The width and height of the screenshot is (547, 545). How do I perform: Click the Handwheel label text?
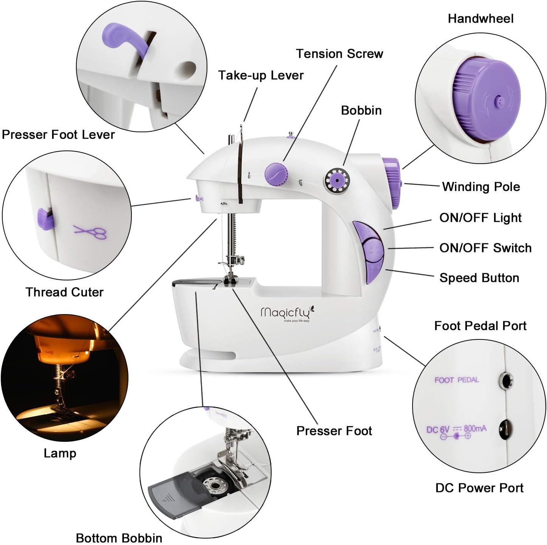pos(480,19)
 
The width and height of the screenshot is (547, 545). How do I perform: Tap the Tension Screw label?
pos(339,54)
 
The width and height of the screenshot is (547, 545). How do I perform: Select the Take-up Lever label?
pos(261,75)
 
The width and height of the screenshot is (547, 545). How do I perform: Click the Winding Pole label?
pos(481,186)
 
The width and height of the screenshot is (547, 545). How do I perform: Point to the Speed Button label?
pos(479,278)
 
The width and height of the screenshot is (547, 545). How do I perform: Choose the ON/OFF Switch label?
pos(485,248)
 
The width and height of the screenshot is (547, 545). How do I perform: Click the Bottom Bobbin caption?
pos(119,537)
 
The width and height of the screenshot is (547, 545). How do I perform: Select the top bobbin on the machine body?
pos(337,180)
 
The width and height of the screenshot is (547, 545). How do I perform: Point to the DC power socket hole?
pos(505,429)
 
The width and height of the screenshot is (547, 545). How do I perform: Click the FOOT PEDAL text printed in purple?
pos(456,380)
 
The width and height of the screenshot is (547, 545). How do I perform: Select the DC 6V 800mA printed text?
pos(456,430)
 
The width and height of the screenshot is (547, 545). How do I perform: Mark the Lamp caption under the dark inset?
pos(60,453)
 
